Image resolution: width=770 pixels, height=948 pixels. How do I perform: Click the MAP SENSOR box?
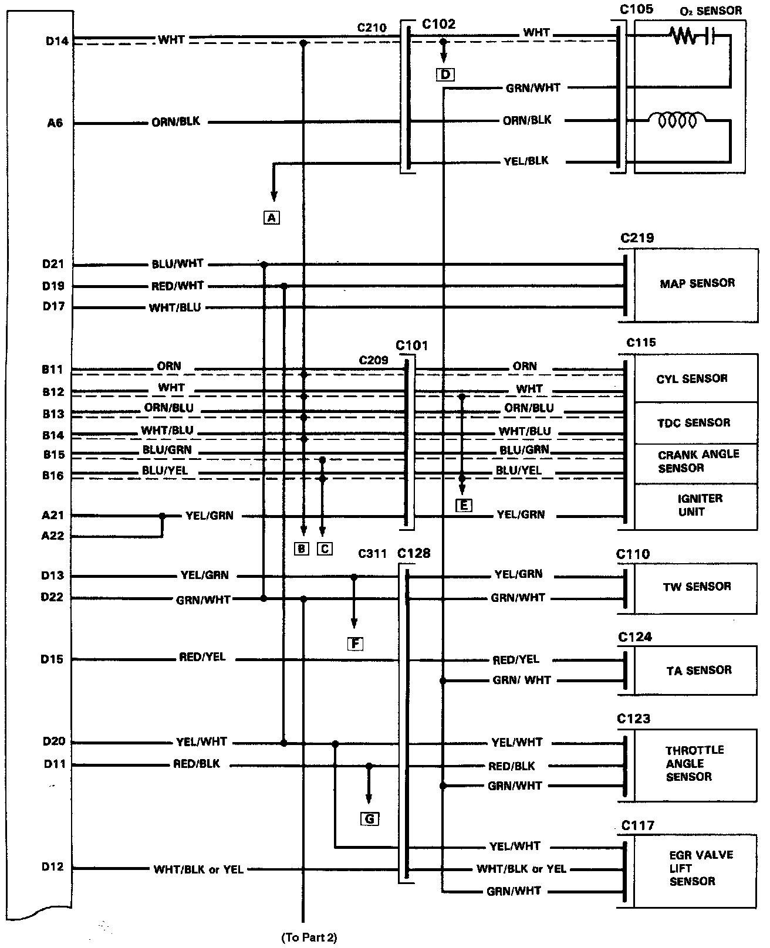click(695, 285)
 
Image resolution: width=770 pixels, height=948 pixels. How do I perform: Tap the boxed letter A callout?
click(271, 218)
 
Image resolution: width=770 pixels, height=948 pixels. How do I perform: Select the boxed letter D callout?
click(445, 75)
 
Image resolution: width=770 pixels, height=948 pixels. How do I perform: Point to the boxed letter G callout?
click(370, 819)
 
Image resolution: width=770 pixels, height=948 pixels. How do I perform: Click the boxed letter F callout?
click(355, 644)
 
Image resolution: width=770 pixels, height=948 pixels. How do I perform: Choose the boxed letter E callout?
click(463, 505)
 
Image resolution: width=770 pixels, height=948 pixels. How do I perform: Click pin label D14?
click(56, 41)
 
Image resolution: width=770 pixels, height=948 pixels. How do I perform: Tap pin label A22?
click(53, 536)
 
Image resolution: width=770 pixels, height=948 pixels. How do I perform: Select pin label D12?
click(53, 866)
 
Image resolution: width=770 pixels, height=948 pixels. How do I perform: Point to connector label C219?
click(637, 239)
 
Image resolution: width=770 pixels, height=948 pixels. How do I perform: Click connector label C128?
click(414, 553)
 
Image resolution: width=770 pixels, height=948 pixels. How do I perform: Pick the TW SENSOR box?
click(695, 587)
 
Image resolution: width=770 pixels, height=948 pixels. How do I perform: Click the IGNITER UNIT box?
click(695, 505)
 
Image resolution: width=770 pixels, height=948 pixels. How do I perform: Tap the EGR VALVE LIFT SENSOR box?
click(695, 868)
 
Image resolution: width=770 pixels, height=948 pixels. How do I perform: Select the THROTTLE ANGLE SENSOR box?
click(695, 764)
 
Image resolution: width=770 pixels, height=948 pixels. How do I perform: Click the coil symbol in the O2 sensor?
click(678, 121)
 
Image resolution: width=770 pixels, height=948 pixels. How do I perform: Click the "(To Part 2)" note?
click(309, 937)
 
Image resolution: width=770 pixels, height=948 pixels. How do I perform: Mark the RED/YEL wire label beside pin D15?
click(202, 658)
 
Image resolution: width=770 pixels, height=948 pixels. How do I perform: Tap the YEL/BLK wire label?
click(526, 161)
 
